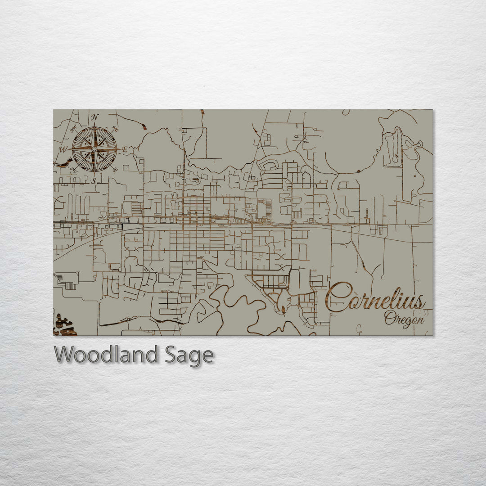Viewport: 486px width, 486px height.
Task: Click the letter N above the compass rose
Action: point(94,117)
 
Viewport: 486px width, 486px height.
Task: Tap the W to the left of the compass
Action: point(64,149)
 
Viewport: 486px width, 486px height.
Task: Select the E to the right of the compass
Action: point(125,149)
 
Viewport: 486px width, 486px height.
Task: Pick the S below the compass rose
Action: point(94,181)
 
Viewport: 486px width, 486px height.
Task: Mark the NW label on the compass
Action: point(73,129)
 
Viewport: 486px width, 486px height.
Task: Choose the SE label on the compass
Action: point(115,170)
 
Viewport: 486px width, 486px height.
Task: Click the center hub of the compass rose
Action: point(94,149)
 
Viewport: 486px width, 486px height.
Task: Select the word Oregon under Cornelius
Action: point(404,319)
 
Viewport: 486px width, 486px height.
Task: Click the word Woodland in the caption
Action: point(106,355)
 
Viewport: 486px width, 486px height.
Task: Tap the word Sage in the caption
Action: point(188,355)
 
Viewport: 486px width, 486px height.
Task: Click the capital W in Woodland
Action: point(64,355)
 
